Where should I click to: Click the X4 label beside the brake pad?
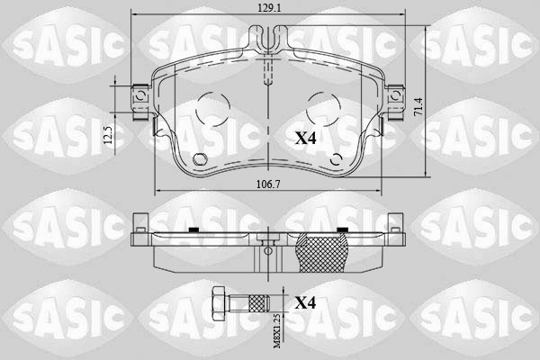point(306,138)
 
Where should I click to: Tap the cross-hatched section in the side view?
point(321,251)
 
